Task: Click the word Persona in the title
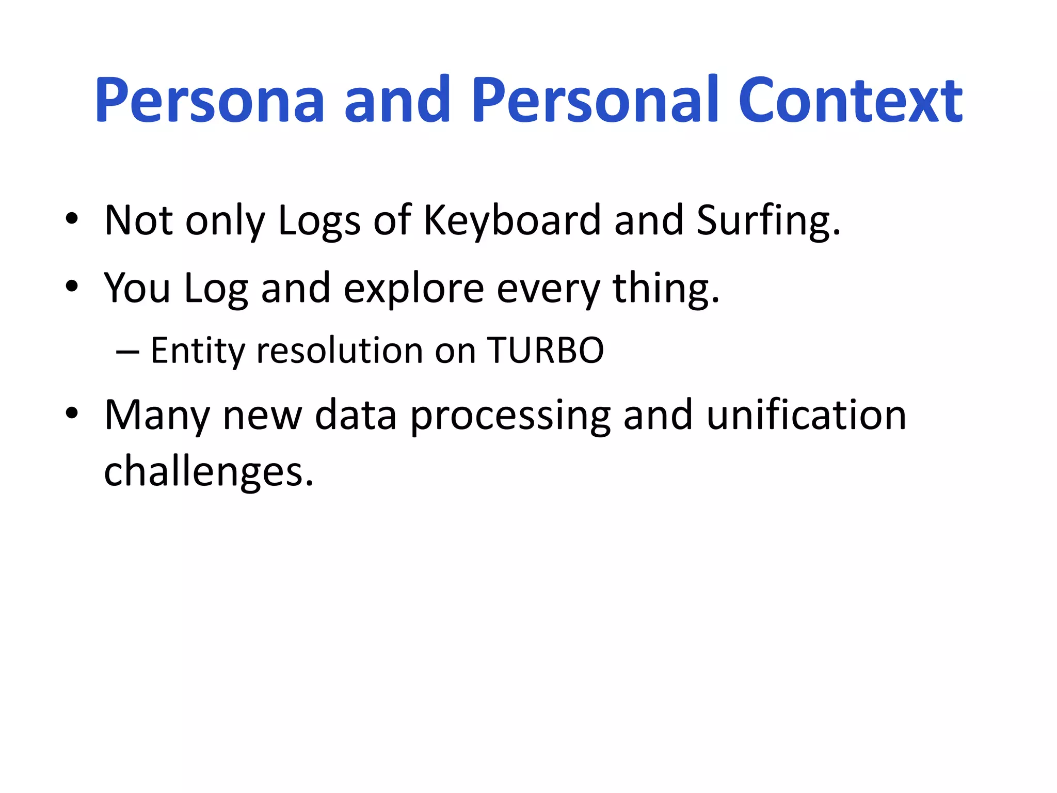point(210,101)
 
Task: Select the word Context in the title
point(850,101)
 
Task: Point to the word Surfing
point(768,221)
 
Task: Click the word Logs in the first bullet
point(319,221)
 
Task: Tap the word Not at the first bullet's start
point(138,221)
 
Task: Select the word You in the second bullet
point(137,288)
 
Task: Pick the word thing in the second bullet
point(665,288)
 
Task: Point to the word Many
point(156,416)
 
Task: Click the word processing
point(510,416)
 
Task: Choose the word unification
point(806,416)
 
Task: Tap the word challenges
point(209,471)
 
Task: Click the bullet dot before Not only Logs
point(72,219)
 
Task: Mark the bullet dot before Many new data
point(72,413)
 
